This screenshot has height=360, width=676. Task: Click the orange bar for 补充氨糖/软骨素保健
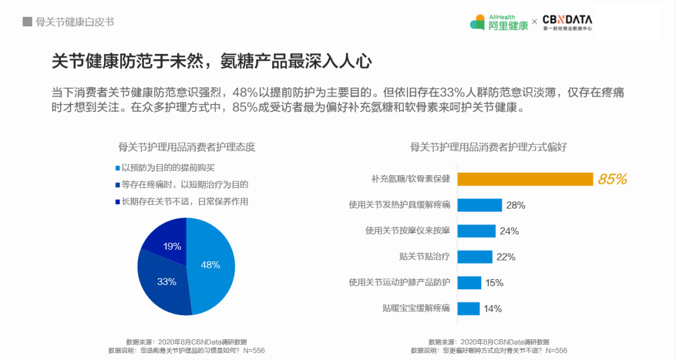click(x=525, y=179)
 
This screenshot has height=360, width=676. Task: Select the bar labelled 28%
click(x=479, y=205)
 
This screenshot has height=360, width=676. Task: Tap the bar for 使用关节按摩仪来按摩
click(x=476, y=230)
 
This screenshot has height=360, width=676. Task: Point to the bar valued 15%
click(x=469, y=282)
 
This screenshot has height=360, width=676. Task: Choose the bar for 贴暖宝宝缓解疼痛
click(x=468, y=308)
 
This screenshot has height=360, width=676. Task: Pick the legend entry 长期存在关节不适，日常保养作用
click(x=185, y=202)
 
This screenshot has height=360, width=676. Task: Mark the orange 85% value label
click(x=612, y=180)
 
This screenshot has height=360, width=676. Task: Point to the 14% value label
click(x=493, y=309)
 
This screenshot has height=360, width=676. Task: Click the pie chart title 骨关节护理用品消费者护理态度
click(x=187, y=147)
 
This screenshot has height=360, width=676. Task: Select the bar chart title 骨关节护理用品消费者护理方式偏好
click(x=488, y=147)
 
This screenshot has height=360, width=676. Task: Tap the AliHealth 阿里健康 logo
click(x=499, y=23)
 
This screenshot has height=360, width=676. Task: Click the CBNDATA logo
click(x=567, y=23)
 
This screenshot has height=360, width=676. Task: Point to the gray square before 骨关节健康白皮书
click(x=27, y=22)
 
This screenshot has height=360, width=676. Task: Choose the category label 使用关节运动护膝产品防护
click(x=399, y=282)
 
